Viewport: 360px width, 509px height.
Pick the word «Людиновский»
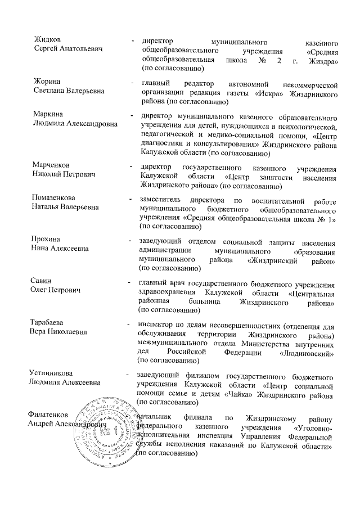click(307, 353)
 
